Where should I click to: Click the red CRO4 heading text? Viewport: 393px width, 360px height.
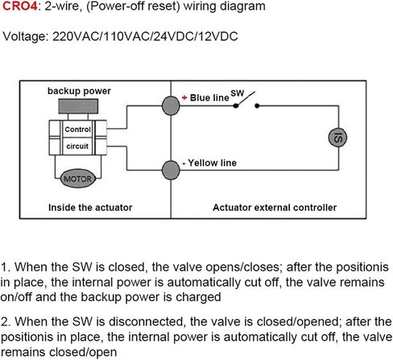[19, 6]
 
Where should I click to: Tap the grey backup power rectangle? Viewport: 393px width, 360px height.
[78, 106]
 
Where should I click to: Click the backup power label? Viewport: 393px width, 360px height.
[79, 91]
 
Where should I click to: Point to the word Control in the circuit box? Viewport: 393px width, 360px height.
[77, 130]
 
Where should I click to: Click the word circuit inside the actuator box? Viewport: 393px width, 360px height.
[77, 147]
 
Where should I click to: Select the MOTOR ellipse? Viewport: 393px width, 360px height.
[78, 179]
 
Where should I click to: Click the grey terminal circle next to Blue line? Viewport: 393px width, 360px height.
[171, 106]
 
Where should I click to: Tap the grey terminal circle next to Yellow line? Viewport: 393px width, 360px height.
[171, 170]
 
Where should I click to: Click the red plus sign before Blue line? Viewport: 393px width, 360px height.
[184, 97]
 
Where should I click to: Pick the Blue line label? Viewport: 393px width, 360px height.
[209, 97]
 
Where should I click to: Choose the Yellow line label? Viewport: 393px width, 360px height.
[212, 163]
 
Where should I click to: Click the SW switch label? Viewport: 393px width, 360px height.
[237, 93]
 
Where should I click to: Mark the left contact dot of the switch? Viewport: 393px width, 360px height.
[236, 106]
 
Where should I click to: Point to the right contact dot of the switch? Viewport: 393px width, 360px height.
[257, 106]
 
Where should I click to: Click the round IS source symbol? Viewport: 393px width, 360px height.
[337, 138]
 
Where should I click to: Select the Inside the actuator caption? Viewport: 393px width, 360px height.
[90, 208]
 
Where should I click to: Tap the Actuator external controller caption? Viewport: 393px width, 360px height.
[275, 208]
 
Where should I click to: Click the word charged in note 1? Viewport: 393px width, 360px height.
[198, 297]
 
